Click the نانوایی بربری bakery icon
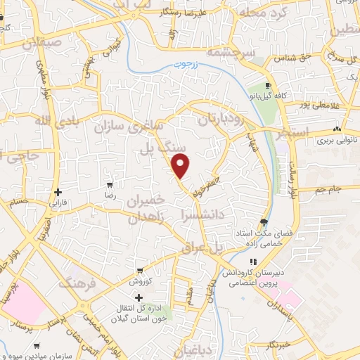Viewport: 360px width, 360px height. click(337, 129)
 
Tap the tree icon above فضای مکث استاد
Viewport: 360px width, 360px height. click(264, 219)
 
